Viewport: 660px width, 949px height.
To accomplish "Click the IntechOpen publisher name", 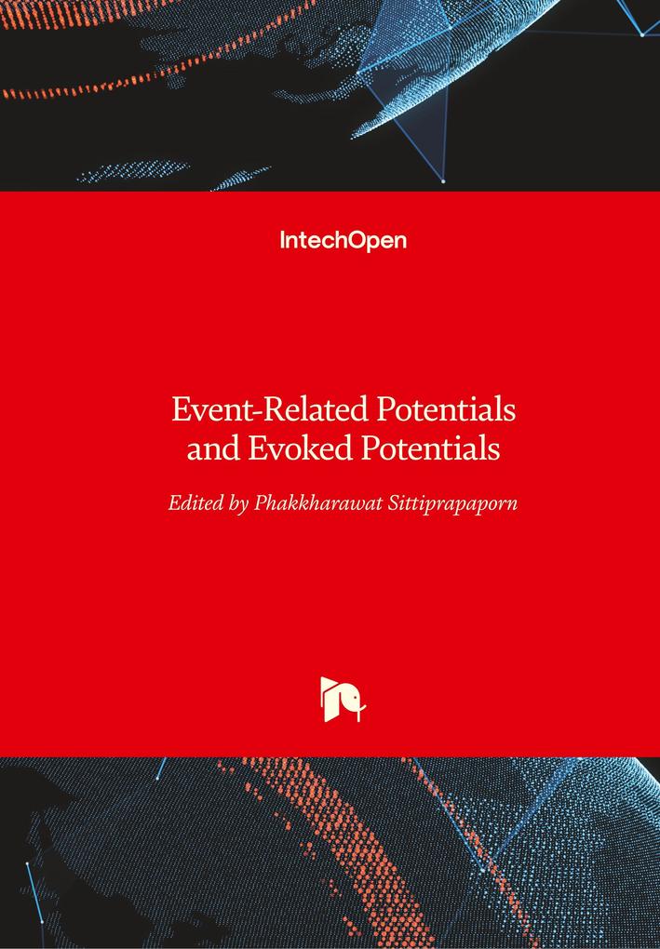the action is pyautogui.click(x=343, y=241).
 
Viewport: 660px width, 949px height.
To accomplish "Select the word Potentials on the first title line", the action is pyautogui.click(x=446, y=409).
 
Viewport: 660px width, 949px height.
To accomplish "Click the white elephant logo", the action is pyautogui.click(x=343, y=699).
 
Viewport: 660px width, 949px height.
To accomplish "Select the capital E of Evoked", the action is pyautogui.click(x=258, y=448).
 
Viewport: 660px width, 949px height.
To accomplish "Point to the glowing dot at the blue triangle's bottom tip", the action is pyautogui.click(x=444, y=181).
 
